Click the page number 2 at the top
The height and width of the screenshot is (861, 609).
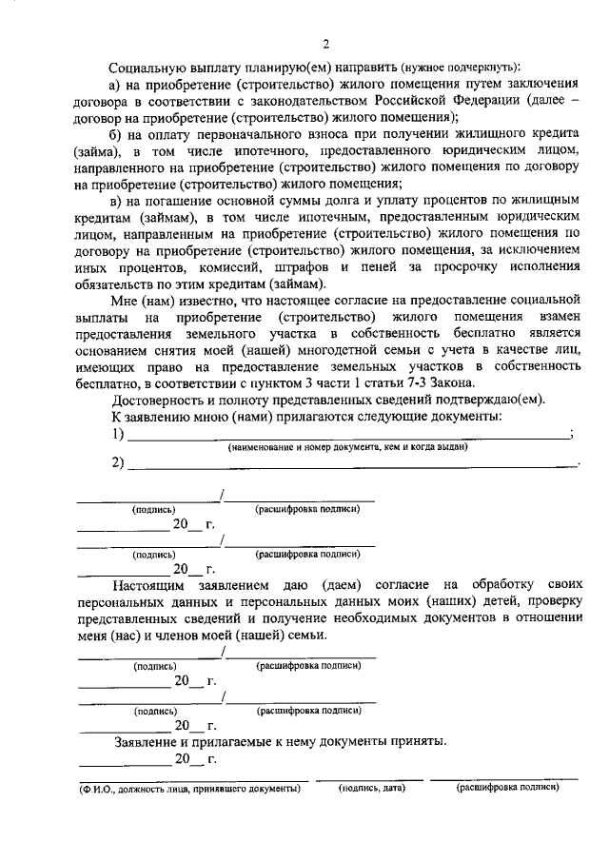[325, 44]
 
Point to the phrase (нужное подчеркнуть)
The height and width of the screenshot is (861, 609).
[460, 68]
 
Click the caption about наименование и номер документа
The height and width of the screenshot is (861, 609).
[347, 446]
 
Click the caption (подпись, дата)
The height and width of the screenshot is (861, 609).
[372, 789]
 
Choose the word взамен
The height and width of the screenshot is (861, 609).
[554, 315]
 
